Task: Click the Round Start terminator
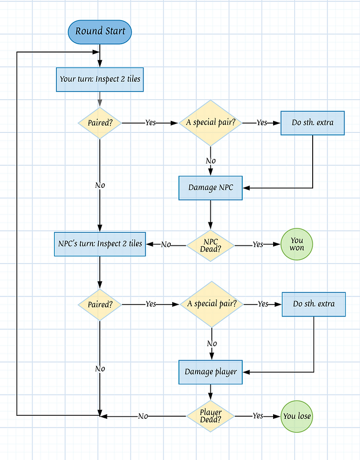(x=100, y=31)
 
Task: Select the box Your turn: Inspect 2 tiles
(x=100, y=79)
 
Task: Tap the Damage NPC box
(x=210, y=188)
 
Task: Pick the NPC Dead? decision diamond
(x=210, y=244)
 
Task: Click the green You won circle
(x=297, y=244)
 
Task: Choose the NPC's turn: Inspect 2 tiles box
(x=99, y=244)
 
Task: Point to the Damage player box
(x=210, y=372)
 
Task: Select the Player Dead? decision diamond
(x=210, y=416)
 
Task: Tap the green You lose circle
(x=297, y=416)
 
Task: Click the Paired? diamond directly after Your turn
(x=100, y=123)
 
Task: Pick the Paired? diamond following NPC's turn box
(x=100, y=304)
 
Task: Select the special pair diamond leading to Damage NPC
(x=210, y=123)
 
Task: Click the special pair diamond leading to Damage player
(x=211, y=304)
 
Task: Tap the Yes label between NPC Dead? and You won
(x=258, y=244)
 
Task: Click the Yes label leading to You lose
(x=258, y=416)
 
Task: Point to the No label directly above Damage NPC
(x=210, y=161)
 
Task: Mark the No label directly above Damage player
(x=211, y=343)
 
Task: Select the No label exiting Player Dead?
(x=143, y=416)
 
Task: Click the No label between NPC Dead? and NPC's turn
(x=166, y=244)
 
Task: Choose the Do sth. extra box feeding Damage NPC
(x=313, y=123)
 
